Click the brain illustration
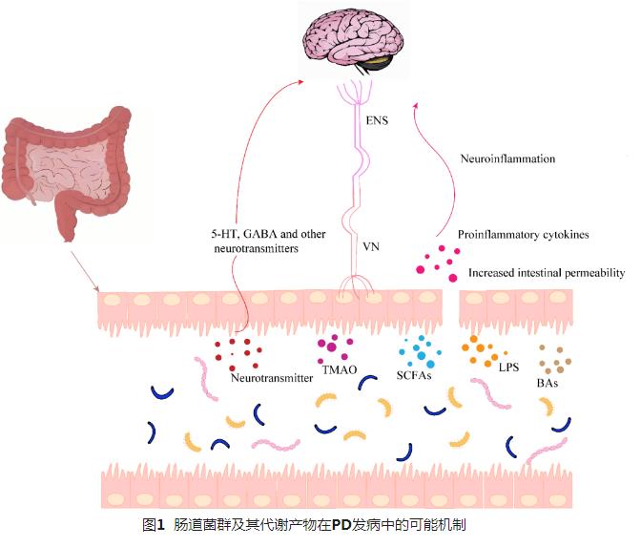[348, 42]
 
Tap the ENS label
[377, 121]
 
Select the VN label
[373, 245]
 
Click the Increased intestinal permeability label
[546, 273]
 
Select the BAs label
[547, 383]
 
